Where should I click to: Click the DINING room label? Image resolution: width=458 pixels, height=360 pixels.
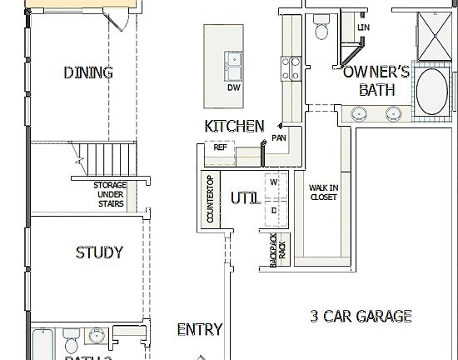88,72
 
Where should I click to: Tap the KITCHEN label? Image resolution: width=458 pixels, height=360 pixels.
234,127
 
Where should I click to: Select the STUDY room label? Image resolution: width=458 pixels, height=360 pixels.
99,252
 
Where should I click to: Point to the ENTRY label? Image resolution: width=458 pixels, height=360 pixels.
200,330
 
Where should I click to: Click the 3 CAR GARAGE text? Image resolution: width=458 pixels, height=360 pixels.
361,316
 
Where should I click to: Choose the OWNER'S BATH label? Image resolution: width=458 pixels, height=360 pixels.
376,81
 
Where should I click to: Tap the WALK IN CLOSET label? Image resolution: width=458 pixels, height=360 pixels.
323,192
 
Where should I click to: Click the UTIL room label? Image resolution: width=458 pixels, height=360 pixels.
245,199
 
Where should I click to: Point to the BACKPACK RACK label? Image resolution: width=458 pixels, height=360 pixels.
276,249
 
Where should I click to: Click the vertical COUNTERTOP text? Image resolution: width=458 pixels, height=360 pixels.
210,200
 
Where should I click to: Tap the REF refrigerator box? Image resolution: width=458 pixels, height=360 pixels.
220,147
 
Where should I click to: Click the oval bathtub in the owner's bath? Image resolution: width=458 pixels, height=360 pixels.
431,92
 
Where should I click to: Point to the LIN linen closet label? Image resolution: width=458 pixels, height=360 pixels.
363,27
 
